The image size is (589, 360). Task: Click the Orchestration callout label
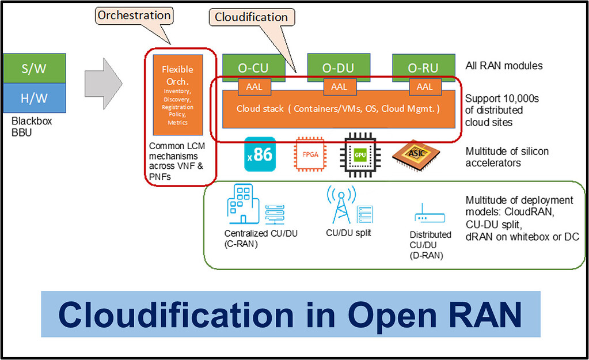(x=133, y=16)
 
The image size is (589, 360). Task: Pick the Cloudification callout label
(x=251, y=17)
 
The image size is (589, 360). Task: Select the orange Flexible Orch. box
(x=177, y=93)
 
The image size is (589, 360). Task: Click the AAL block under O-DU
(x=339, y=86)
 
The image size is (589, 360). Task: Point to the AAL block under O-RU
(x=424, y=86)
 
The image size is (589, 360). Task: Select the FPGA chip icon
(x=309, y=154)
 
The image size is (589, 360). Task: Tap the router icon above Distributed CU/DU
(x=429, y=217)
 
